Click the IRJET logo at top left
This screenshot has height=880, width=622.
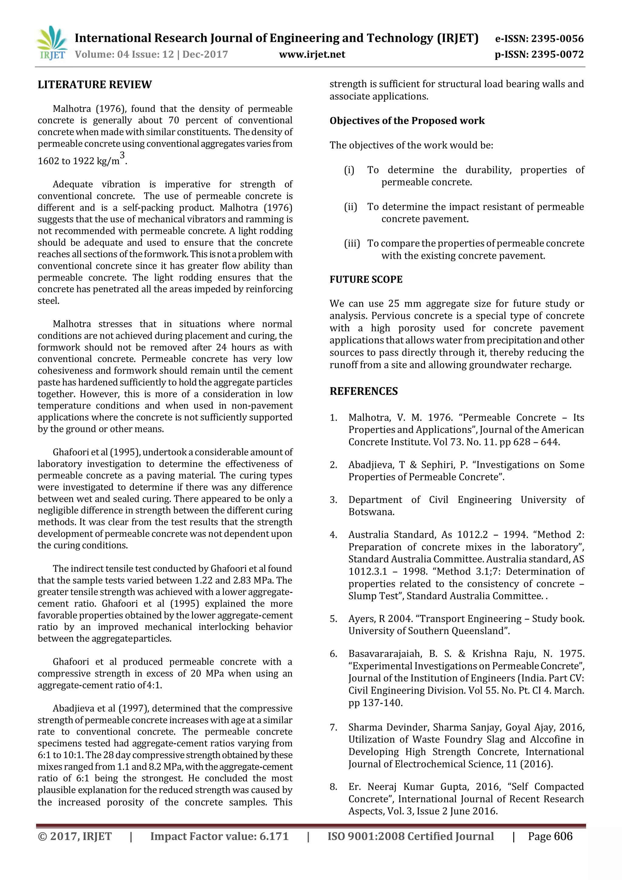pyautogui.click(x=52, y=43)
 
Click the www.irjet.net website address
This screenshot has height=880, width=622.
pyautogui.click(x=312, y=54)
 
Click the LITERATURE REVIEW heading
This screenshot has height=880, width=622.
pyautogui.click(x=94, y=85)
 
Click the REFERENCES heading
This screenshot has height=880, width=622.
pyautogui.click(x=364, y=391)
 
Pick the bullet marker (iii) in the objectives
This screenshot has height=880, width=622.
pyautogui.click(x=352, y=244)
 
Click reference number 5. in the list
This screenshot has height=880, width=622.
pyautogui.click(x=333, y=619)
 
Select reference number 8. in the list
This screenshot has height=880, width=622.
pyautogui.click(x=333, y=787)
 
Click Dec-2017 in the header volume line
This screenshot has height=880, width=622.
pyautogui.click(x=205, y=54)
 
